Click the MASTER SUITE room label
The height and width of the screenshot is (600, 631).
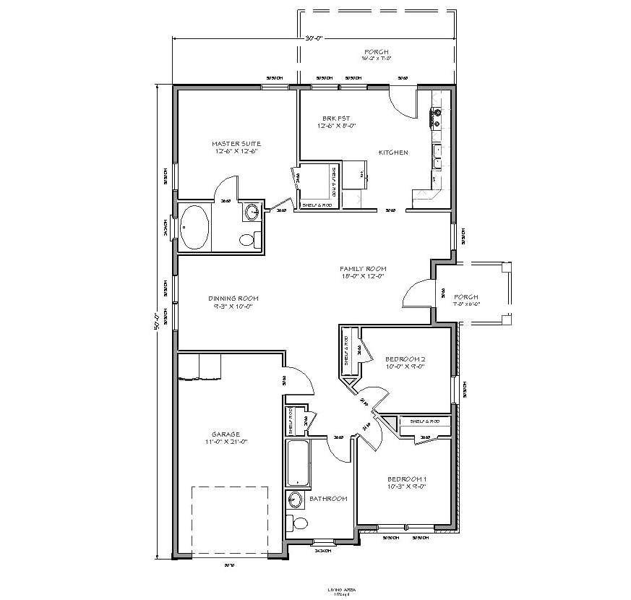click(x=236, y=143)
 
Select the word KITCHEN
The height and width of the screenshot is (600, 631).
click(x=393, y=153)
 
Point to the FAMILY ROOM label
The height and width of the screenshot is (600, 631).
click(x=361, y=268)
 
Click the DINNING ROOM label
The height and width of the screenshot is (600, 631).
click(x=233, y=298)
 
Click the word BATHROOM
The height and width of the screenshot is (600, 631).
click(x=328, y=499)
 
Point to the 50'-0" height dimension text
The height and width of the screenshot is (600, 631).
click(x=155, y=321)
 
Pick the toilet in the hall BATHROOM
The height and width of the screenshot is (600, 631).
click(x=297, y=523)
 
